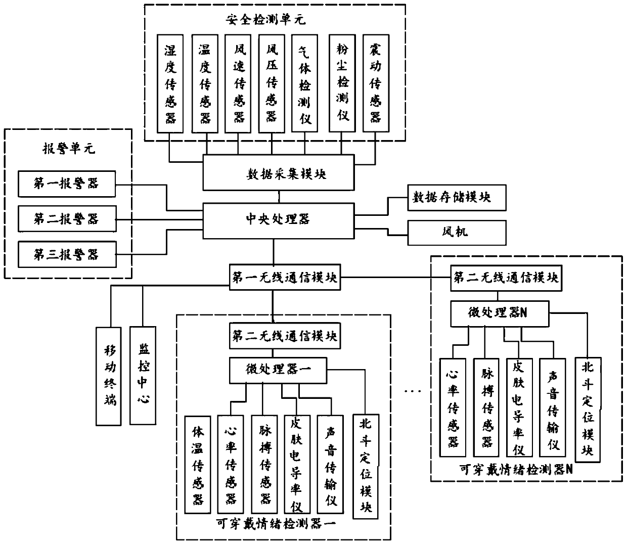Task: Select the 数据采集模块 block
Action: tap(278, 173)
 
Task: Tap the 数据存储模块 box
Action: tap(457, 197)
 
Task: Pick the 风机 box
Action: tap(457, 232)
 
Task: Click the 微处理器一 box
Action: tap(279, 370)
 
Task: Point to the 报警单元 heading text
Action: tap(67, 149)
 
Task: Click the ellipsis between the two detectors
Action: tap(413, 390)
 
